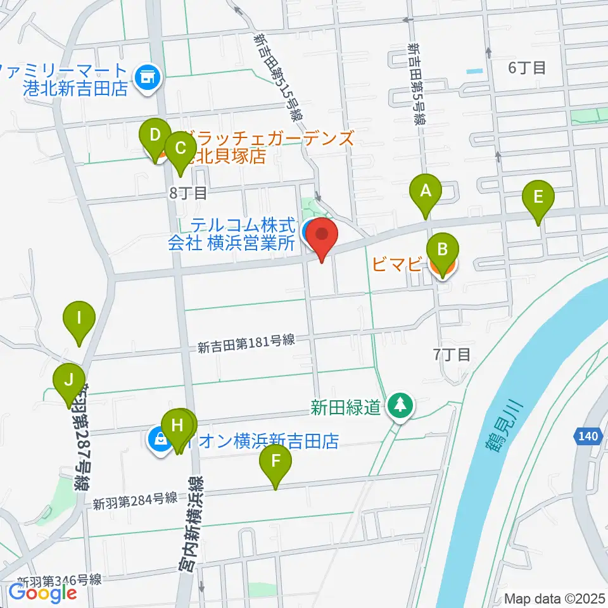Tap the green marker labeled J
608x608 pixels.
(x=68, y=382)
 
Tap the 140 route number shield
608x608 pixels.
(x=588, y=436)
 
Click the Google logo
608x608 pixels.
(x=42, y=593)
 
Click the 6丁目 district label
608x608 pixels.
(x=527, y=68)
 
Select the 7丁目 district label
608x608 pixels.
(x=452, y=355)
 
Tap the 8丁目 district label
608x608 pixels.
(x=188, y=193)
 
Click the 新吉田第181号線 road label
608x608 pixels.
(x=246, y=343)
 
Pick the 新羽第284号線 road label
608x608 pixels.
(x=134, y=500)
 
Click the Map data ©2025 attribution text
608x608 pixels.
(x=555, y=598)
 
